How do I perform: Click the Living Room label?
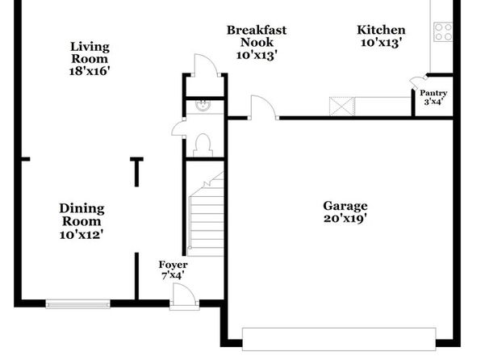90,52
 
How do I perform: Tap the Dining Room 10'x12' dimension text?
82,235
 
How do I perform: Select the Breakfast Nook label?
257,36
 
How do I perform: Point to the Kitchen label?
381,30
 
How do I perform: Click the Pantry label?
433,93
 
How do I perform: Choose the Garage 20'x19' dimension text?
345,219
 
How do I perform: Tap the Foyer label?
173,265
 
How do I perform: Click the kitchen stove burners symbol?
443,32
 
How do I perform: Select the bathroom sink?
203,106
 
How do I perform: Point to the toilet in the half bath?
203,145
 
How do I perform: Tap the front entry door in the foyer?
184,295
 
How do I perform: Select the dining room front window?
78,304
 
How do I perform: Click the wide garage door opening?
339,339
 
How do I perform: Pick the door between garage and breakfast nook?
264,107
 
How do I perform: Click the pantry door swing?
417,82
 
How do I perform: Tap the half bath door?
178,128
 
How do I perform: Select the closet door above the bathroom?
206,65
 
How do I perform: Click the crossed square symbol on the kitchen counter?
341,107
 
